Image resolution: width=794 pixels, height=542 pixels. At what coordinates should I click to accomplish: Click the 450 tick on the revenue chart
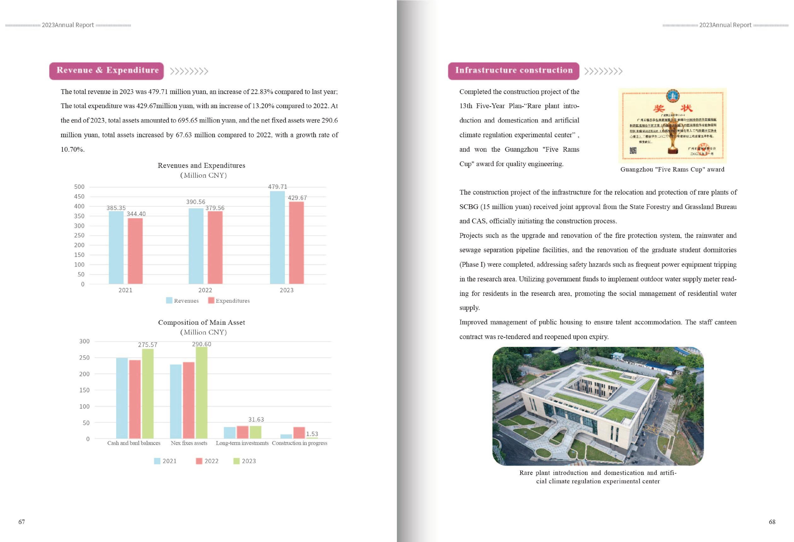[x=79, y=196]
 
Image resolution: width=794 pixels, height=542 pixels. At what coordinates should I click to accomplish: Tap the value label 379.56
[x=215, y=208]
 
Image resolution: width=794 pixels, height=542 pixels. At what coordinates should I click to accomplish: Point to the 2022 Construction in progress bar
[x=299, y=433]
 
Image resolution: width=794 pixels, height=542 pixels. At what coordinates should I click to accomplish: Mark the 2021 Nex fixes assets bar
[x=176, y=401]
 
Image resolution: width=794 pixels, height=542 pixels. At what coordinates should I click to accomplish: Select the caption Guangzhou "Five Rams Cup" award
[x=672, y=169]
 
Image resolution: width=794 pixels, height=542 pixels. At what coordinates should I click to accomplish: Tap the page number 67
[x=22, y=522]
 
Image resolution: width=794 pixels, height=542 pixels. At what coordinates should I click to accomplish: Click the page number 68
[x=772, y=522]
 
